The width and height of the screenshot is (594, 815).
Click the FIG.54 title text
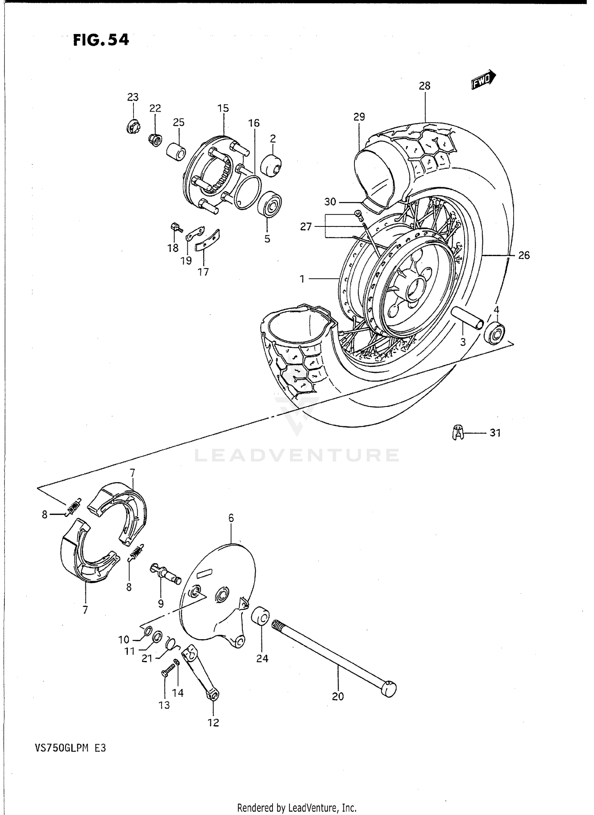[101, 40]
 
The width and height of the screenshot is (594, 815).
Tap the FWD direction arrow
[483, 78]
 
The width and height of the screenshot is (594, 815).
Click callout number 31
[495, 433]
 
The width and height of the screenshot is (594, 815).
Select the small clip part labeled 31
[458, 432]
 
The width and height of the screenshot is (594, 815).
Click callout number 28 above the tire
[425, 86]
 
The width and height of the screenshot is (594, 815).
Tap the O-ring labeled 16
[247, 192]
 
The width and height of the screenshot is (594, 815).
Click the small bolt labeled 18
[175, 227]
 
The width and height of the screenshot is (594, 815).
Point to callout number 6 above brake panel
[231, 518]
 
